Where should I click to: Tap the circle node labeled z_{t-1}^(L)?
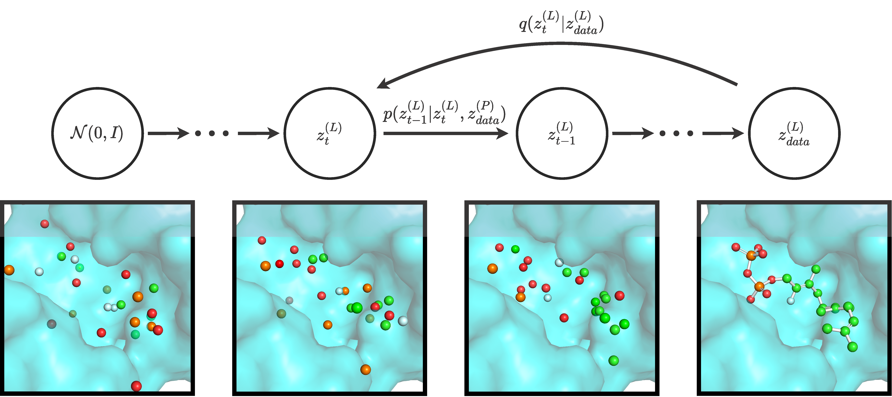(x=562, y=133)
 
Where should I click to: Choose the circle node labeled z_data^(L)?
(x=794, y=133)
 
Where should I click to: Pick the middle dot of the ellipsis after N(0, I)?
(x=212, y=133)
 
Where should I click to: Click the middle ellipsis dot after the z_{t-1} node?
(x=676, y=133)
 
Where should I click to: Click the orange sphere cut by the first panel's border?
(x=9, y=270)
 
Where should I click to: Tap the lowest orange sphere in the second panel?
(x=365, y=369)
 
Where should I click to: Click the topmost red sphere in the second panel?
(x=262, y=240)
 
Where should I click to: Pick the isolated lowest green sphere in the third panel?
(x=613, y=360)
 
